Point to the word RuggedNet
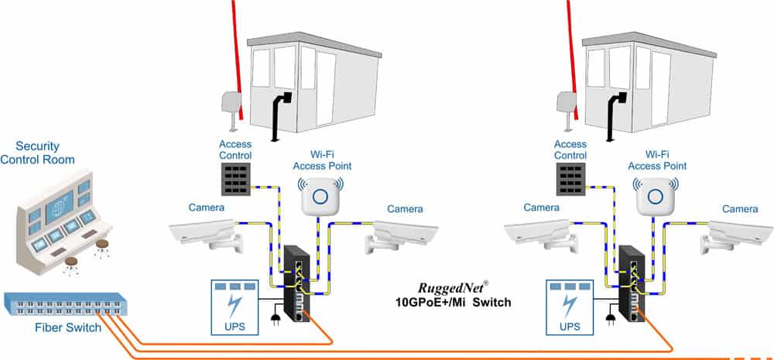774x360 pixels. coord(438,287)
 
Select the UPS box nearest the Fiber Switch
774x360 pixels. coord(235,305)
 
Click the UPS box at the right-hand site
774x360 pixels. coord(570,305)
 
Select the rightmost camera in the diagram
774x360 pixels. coord(739,231)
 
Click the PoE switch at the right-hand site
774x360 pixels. coord(631,282)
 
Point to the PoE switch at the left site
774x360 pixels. coord(296,282)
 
